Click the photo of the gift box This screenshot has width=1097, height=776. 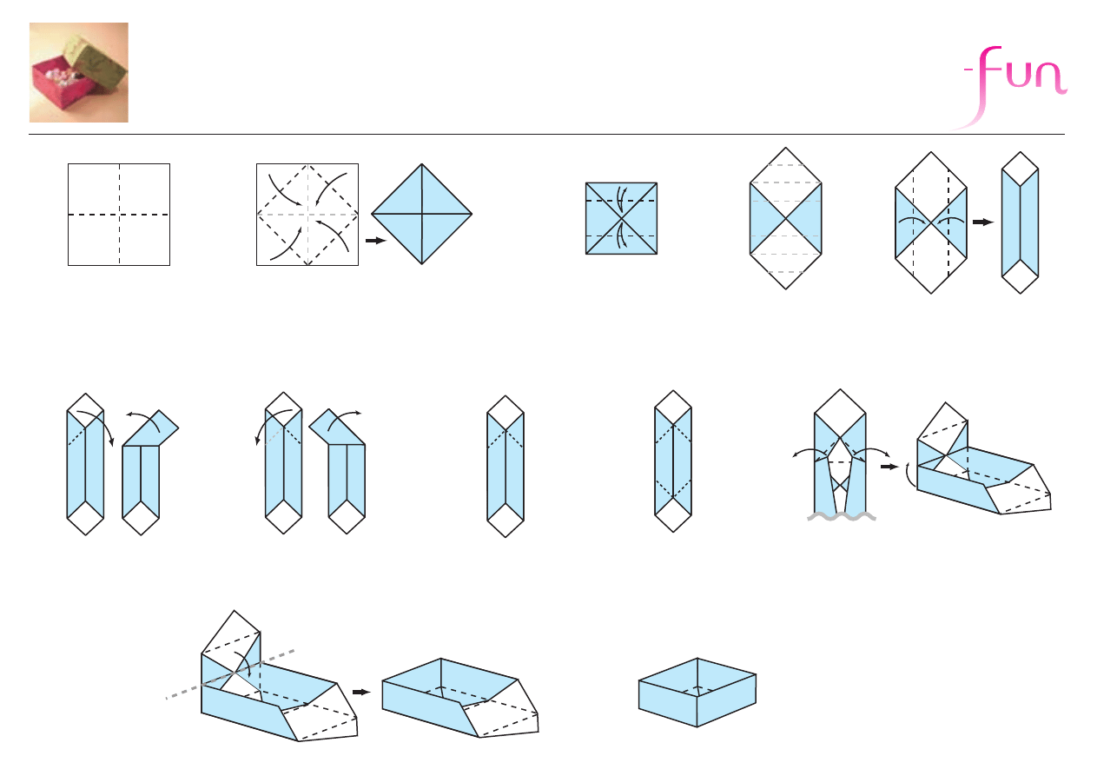[x=79, y=72]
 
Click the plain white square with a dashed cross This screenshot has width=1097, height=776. [x=119, y=215]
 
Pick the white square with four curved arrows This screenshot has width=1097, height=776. [x=307, y=215]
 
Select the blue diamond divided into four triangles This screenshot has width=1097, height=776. [x=421, y=214]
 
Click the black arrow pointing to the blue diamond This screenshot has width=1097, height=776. [x=376, y=241]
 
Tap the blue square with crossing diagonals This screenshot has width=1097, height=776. [x=622, y=218]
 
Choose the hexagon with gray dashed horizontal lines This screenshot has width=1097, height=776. [x=786, y=218]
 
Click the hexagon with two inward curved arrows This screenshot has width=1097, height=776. [x=931, y=223]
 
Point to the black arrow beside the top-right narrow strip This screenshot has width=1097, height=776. [x=983, y=222]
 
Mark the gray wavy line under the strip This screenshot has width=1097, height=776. [x=842, y=516]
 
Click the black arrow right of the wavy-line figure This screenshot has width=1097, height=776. [x=889, y=467]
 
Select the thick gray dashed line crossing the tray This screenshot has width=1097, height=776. [x=230, y=674]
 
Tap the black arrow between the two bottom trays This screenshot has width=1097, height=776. [x=362, y=693]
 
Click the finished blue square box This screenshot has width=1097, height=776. [x=697, y=693]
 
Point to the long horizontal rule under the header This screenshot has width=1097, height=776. [x=546, y=134]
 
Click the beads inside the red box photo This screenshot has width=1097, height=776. [x=63, y=77]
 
